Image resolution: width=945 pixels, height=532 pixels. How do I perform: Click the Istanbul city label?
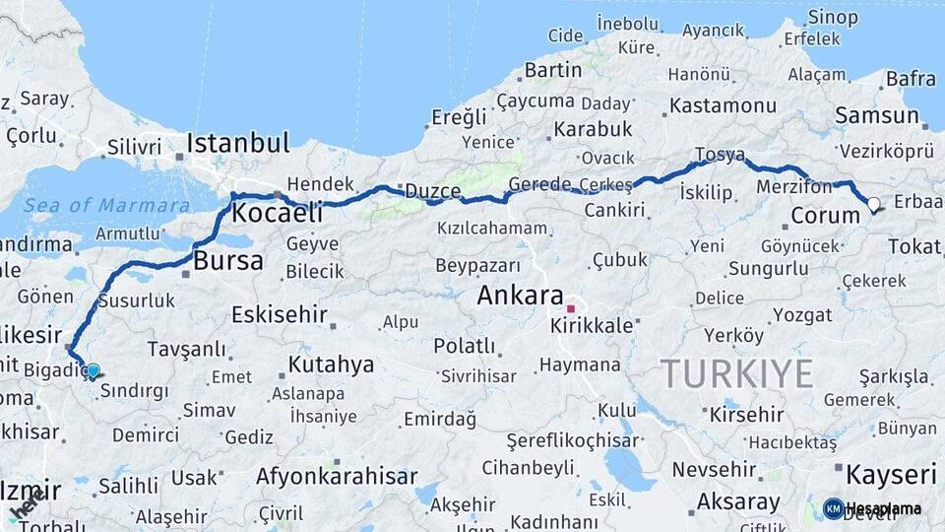tap(238, 143)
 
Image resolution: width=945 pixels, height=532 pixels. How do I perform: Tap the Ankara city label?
tap(520, 296)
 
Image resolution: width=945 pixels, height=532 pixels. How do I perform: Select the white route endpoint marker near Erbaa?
tap(873, 205)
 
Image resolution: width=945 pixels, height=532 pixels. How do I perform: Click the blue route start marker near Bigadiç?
tap(93, 371)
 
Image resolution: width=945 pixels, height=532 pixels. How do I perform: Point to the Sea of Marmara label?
tap(107, 206)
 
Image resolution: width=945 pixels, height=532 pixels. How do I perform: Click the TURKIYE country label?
tap(736, 373)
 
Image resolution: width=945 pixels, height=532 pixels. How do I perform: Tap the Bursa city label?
tap(228, 261)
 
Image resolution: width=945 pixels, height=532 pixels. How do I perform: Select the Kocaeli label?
tap(278, 213)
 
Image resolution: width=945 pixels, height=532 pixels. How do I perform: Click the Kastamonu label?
tap(724, 105)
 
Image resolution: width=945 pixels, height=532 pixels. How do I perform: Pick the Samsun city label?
tap(876, 115)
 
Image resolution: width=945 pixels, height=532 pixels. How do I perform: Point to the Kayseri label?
tap(891, 475)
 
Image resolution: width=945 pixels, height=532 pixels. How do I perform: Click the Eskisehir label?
tap(279, 314)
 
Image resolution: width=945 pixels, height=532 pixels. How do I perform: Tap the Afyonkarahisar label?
tap(337, 476)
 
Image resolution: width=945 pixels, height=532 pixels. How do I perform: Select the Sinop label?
tap(833, 17)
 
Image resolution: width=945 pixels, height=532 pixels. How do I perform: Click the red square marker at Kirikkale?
tap(570, 308)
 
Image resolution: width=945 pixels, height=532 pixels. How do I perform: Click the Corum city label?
tap(826, 216)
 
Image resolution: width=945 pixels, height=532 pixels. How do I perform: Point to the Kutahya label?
tap(331, 365)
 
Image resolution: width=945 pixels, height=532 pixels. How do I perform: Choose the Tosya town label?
tap(720, 155)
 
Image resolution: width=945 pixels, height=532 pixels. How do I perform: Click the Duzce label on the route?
tap(433, 191)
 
